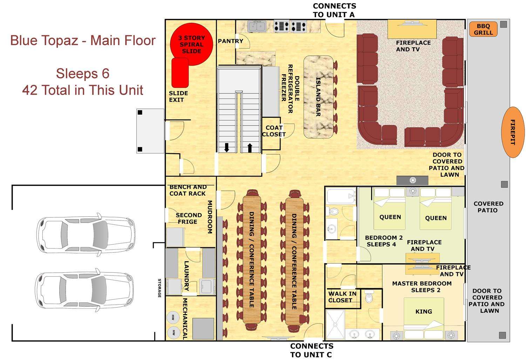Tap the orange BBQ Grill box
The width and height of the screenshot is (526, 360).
483,29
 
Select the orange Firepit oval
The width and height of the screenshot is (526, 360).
513,132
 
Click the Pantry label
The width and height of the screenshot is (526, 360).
230,41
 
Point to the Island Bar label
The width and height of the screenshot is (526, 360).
318,97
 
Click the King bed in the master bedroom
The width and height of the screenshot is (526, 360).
424,311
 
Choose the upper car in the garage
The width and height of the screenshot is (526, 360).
86,233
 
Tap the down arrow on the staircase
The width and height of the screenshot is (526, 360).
227,147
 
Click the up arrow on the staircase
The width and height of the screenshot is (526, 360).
250,148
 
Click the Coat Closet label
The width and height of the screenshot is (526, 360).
274,131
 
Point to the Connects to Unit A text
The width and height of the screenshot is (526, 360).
334,10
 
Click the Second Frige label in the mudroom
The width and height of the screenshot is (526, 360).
189,218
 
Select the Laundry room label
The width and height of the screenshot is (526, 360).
187,276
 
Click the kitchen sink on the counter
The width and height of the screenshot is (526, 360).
256,26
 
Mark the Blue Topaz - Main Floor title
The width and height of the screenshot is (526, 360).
83,40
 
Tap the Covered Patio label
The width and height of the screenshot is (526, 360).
488,207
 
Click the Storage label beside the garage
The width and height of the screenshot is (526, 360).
159,288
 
